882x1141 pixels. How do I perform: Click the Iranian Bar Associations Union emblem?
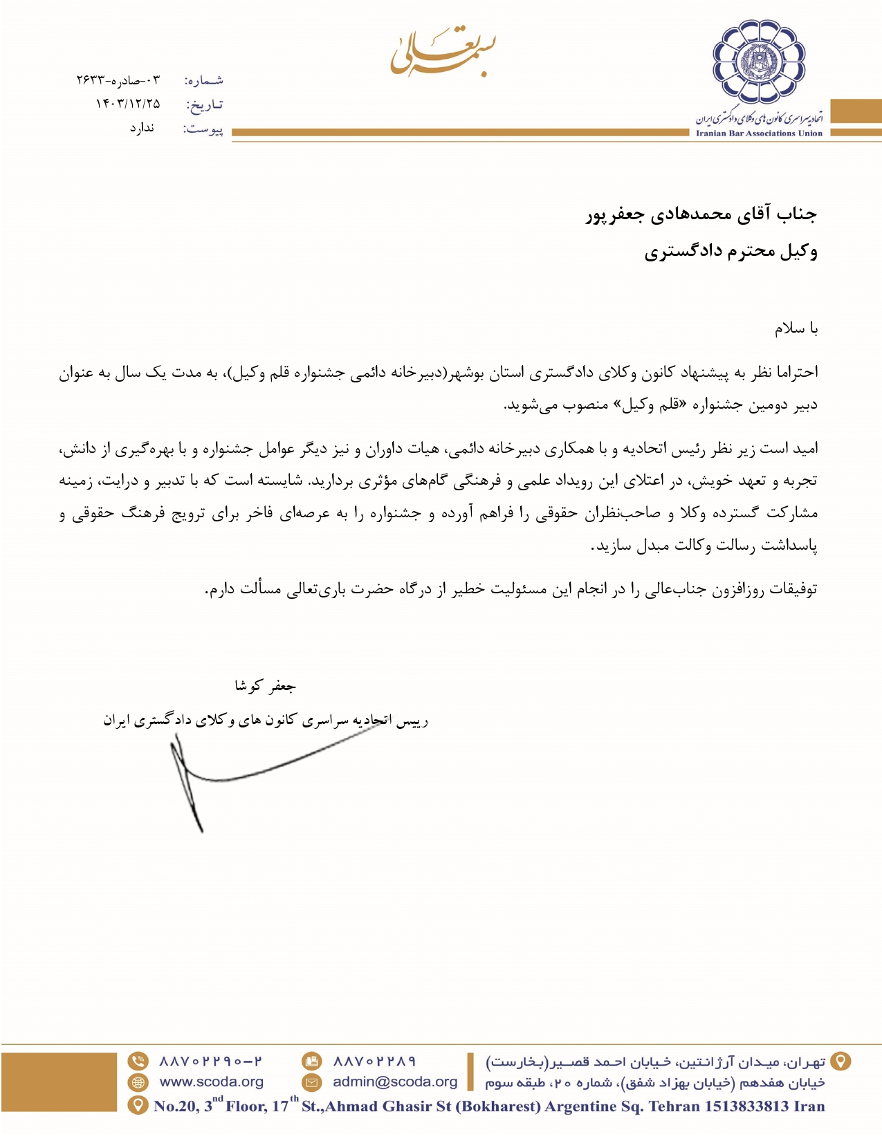(x=760, y=62)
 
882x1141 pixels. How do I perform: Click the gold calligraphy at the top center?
(x=443, y=50)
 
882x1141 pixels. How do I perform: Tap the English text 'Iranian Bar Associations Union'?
(x=759, y=133)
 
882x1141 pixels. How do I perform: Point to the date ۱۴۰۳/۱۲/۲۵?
(x=127, y=104)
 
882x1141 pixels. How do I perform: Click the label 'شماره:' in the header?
(x=203, y=81)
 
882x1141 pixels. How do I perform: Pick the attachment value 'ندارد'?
(x=142, y=128)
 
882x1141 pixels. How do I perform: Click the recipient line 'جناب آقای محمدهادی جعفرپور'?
(x=701, y=214)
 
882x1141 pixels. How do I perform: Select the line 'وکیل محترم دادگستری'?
(x=731, y=251)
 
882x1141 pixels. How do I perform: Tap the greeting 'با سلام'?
(x=796, y=328)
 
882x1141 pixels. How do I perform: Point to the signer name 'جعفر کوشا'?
(x=265, y=686)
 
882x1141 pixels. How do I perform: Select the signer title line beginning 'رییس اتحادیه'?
(x=266, y=721)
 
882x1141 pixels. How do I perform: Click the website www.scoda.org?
(x=211, y=1082)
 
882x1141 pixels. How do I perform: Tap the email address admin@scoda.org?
(x=395, y=1082)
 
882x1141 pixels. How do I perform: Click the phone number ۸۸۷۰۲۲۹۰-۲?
(x=211, y=1061)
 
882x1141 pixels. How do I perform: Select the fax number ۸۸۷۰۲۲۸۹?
(x=374, y=1061)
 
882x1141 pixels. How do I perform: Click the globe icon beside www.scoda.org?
(x=138, y=1082)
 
